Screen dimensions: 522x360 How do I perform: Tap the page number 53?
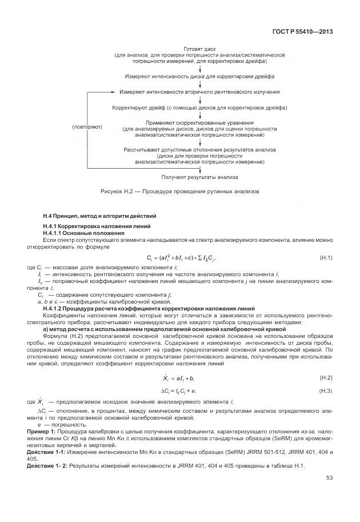click(329, 478)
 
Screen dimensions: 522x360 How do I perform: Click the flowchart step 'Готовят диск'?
click(199, 49)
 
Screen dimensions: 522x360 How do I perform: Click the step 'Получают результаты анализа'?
click(199, 177)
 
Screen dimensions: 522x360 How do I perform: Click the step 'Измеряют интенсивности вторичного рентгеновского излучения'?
click(199, 91)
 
